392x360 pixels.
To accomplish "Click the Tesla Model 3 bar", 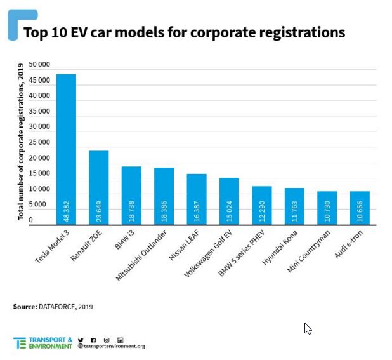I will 66,149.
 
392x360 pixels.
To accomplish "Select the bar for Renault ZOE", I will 99,187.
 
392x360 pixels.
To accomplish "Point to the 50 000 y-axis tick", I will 39,65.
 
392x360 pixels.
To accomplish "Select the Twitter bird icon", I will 81,340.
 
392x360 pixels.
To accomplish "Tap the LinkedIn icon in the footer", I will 121,340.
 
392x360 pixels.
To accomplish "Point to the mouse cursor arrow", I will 308,328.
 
